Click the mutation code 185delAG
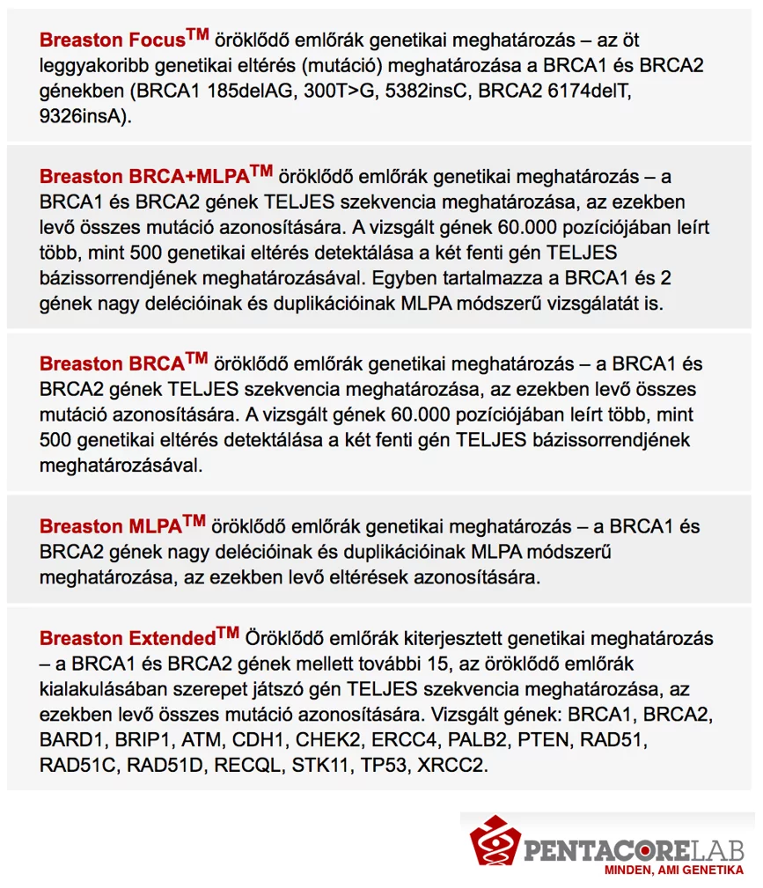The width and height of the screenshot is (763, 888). point(251,92)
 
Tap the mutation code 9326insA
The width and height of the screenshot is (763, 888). point(80,117)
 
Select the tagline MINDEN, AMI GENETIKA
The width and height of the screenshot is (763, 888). point(673,870)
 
